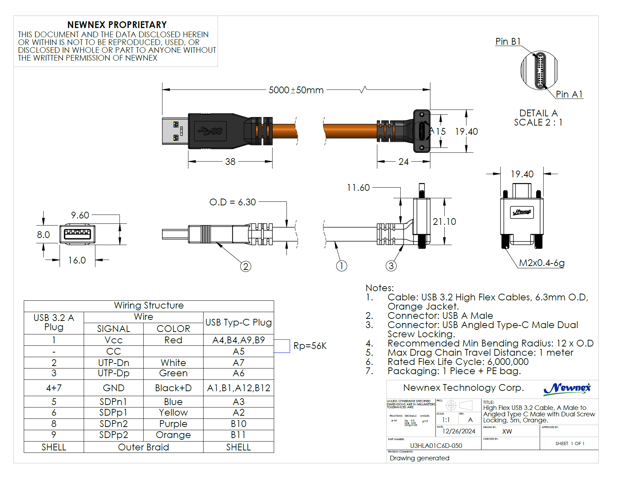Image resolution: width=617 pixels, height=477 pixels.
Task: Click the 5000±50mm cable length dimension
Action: (x=296, y=90)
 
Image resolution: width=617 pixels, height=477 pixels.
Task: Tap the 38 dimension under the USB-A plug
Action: (x=230, y=162)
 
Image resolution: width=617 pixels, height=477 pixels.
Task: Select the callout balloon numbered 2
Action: (x=246, y=266)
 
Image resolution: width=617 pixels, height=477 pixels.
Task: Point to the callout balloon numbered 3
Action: (x=391, y=266)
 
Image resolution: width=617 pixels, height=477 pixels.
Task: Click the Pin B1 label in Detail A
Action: (x=508, y=41)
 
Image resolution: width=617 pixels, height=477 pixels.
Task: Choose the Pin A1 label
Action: (x=569, y=94)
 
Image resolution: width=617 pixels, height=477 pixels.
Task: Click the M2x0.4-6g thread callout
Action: (x=541, y=263)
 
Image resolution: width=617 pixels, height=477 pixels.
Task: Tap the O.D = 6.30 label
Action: (x=232, y=202)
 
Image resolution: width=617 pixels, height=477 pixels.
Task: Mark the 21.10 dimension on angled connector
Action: (x=444, y=222)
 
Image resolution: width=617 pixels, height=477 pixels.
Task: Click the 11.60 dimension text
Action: (x=358, y=188)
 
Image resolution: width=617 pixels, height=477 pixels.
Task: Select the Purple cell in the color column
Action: (x=173, y=424)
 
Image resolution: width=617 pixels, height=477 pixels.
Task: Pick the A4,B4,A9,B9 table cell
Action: (x=238, y=340)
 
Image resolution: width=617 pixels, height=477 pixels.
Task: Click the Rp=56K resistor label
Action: (x=310, y=346)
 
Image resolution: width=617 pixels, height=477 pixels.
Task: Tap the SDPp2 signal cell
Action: (x=113, y=435)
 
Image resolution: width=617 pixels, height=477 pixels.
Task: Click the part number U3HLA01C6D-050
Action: (x=436, y=445)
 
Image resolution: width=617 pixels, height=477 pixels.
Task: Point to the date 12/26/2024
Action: (x=458, y=431)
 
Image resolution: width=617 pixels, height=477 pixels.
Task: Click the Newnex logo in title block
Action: (x=567, y=388)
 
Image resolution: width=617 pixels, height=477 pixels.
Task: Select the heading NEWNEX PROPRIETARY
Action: (x=117, y=25)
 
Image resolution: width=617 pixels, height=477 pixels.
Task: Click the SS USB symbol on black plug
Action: (x=211, y=131)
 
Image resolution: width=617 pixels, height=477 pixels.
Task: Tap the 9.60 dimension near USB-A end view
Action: (x=80, y=215)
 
